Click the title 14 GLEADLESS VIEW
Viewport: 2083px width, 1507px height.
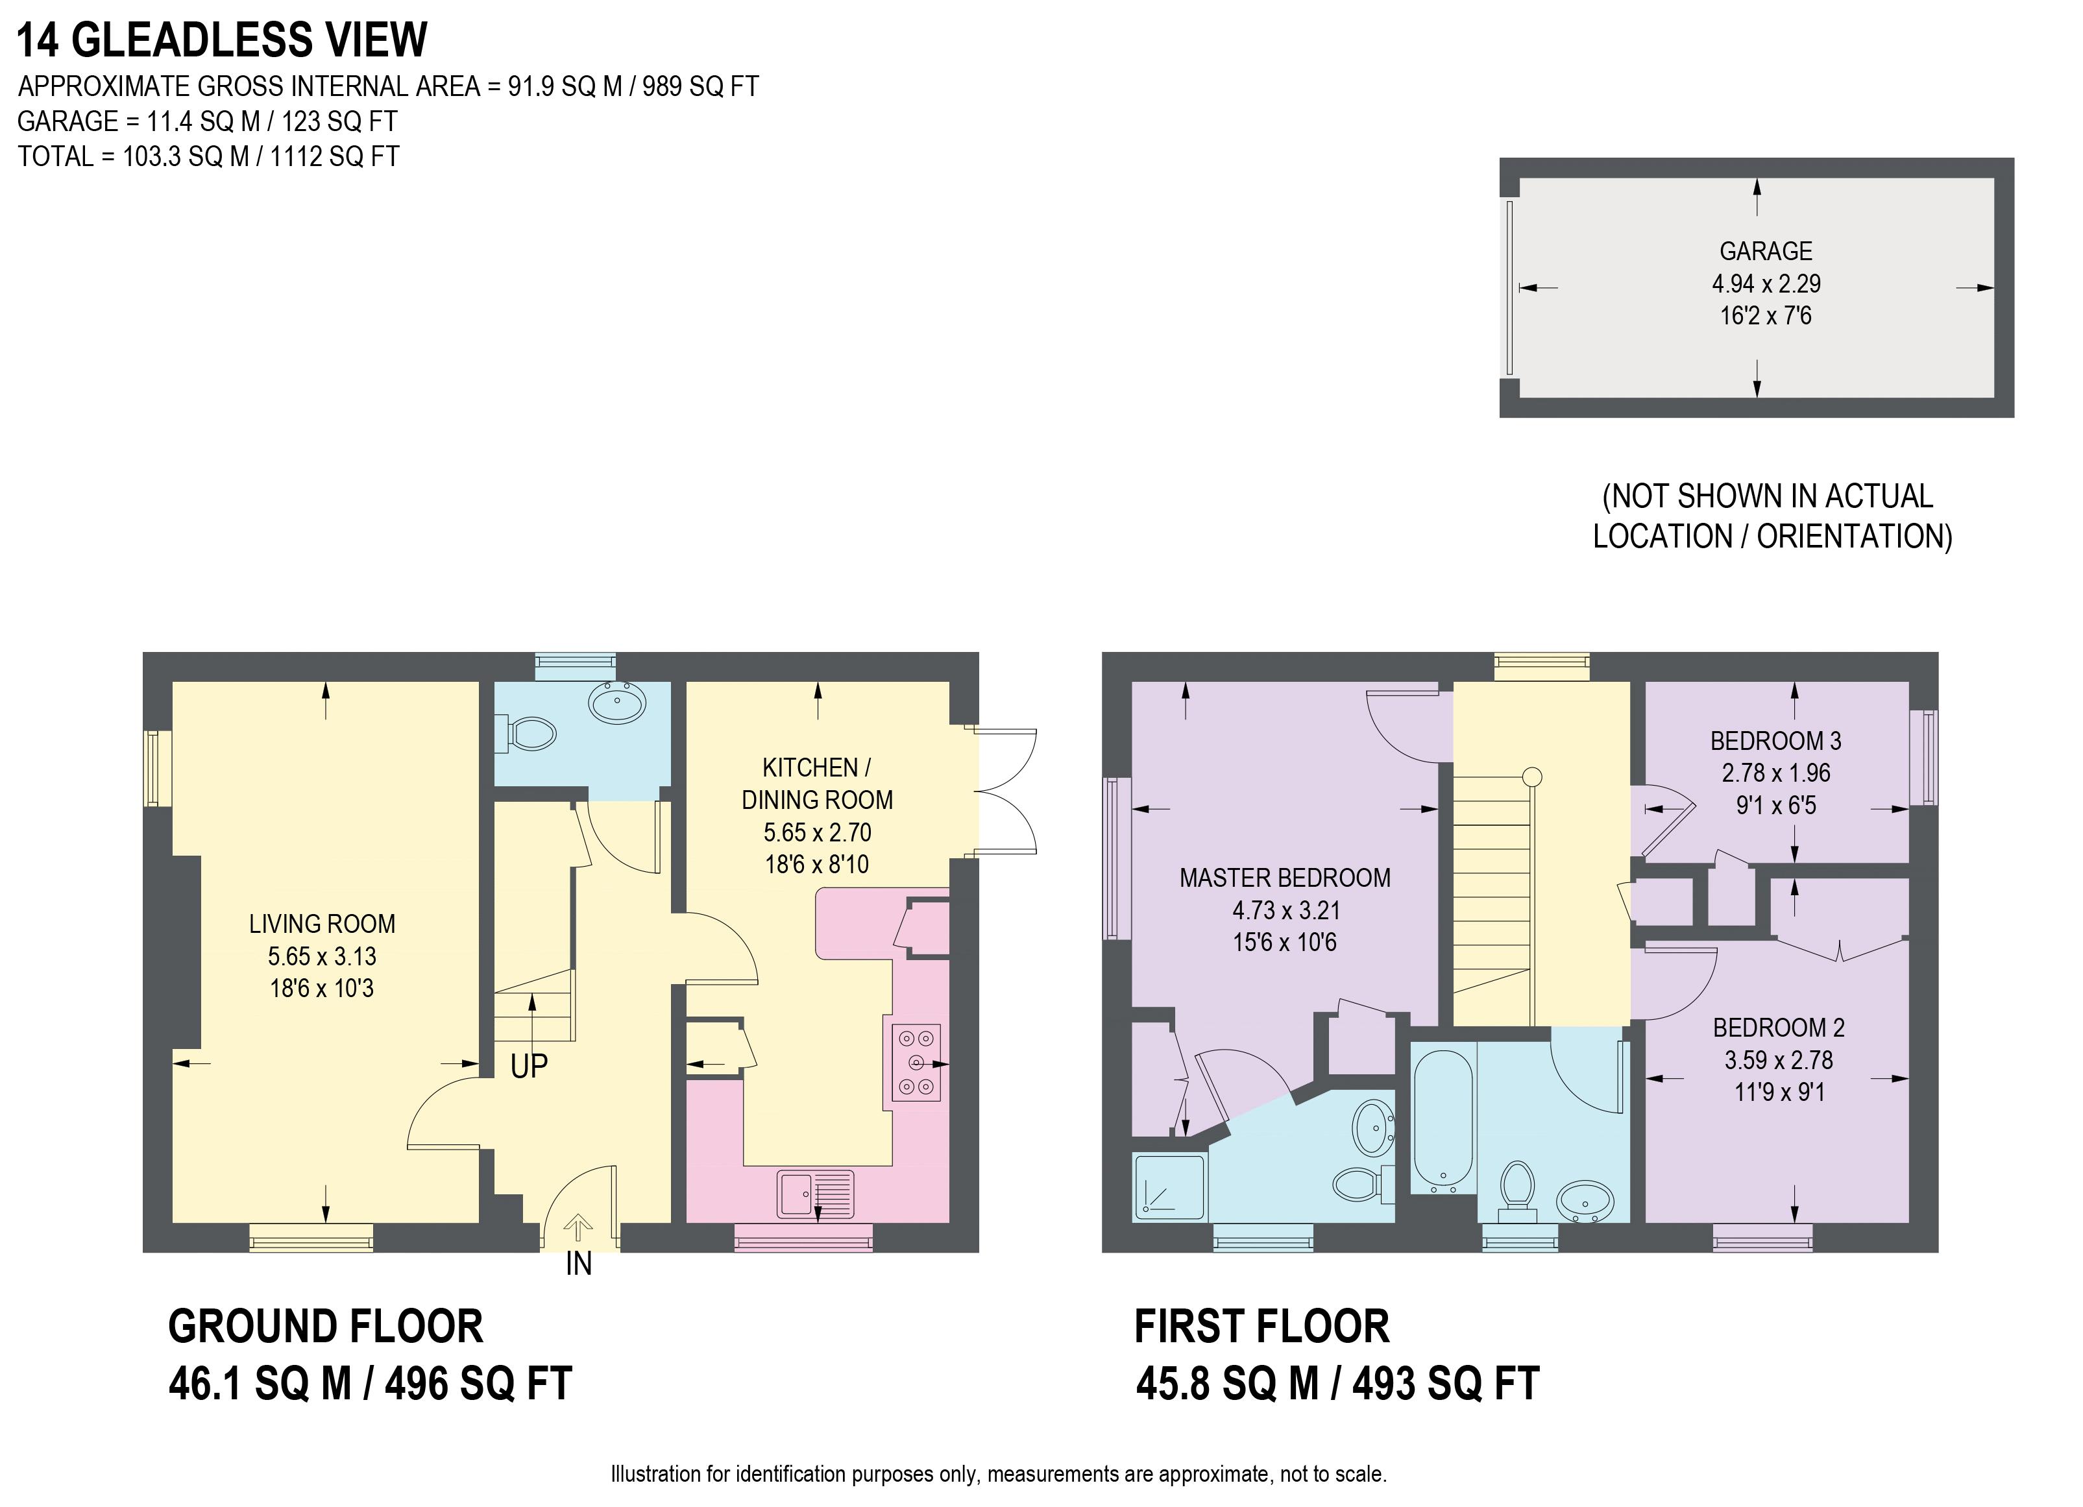pyautogui.click(x=223, y=40)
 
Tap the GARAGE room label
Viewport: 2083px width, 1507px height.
pyautogui.click(x=1765, y=250)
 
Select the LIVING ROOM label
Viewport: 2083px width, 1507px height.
pyautogui.click(x=321, y=924)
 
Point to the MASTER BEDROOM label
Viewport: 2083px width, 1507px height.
pyautogui.click(x=1285, y=878)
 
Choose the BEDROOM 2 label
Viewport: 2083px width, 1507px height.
pyautogui.click(x=1779, y=1027)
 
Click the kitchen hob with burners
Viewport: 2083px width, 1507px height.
pyautogui.click(x=916, y=1063)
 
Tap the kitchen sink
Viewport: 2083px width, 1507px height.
pyautogui.click(x=816, y=1194)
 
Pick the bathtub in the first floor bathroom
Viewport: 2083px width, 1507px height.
pyautogui.click(x=1444, y=1120)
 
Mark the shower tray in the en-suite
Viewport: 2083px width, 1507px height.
pyautogui.click(x=1170, y=1187)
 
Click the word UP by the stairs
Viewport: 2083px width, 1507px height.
pyautogui.click(x=529, y=1067)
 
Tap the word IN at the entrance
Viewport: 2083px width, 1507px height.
pyautogui.click(x=579, y=1264)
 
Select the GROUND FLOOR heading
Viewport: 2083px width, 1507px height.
pyautogui.click(x=325, y=1326)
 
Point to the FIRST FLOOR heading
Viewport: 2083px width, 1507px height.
pyautogui.click(x=1262, y=1326)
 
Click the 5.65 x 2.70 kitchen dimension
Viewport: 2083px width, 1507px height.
pyautogui.click(x=818, y=832)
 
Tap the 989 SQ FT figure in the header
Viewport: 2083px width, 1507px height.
pyautogui.click(x=701, y=86)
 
